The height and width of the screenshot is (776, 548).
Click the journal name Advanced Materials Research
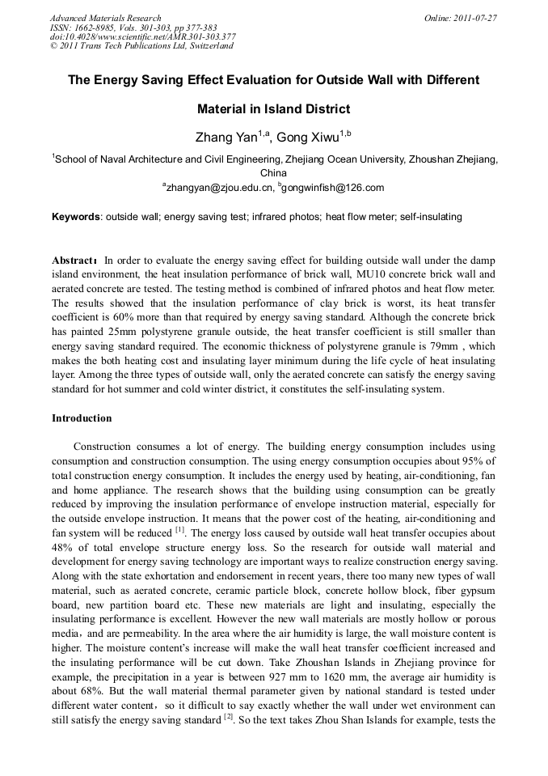(x=106, y=18)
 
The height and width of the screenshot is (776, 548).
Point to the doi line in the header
(x=142, y=36)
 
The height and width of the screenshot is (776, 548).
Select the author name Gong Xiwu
(x=311, y=138)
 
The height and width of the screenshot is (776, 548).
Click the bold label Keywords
(x=76, y=217)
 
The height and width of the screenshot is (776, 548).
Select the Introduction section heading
(x=82, y=418)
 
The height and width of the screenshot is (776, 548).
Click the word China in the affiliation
(x=273, y=173)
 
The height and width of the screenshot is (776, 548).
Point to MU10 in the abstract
(x=373, y=275)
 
